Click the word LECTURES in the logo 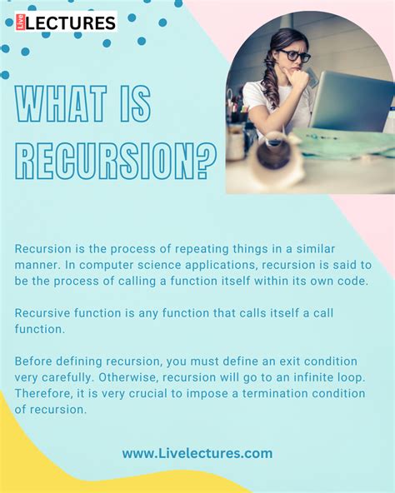(x=70, y=22)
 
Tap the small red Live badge (x=20, y=22)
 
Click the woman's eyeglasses (x=294, y=56)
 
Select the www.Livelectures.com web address (x=197, y=454)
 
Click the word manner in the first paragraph (x=38, y=265)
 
